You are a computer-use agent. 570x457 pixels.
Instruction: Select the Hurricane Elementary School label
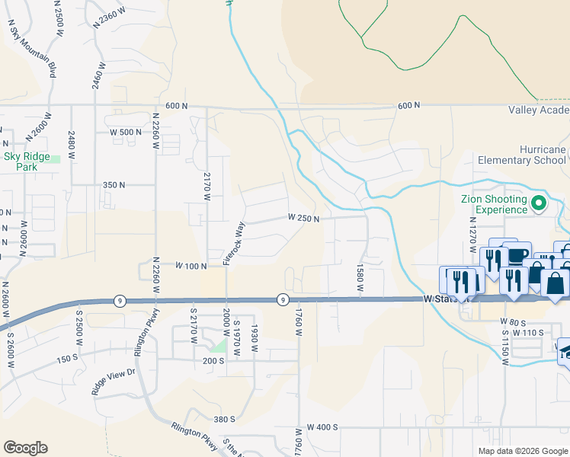[522, 155]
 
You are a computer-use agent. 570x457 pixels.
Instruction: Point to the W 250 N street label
[303, 218]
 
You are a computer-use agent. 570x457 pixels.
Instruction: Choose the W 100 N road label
[191, 266]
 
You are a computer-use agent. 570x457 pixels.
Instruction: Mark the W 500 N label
[126, 132]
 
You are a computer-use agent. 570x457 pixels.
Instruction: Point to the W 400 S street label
[322, 427]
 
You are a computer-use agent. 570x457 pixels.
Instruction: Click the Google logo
[25, 448]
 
